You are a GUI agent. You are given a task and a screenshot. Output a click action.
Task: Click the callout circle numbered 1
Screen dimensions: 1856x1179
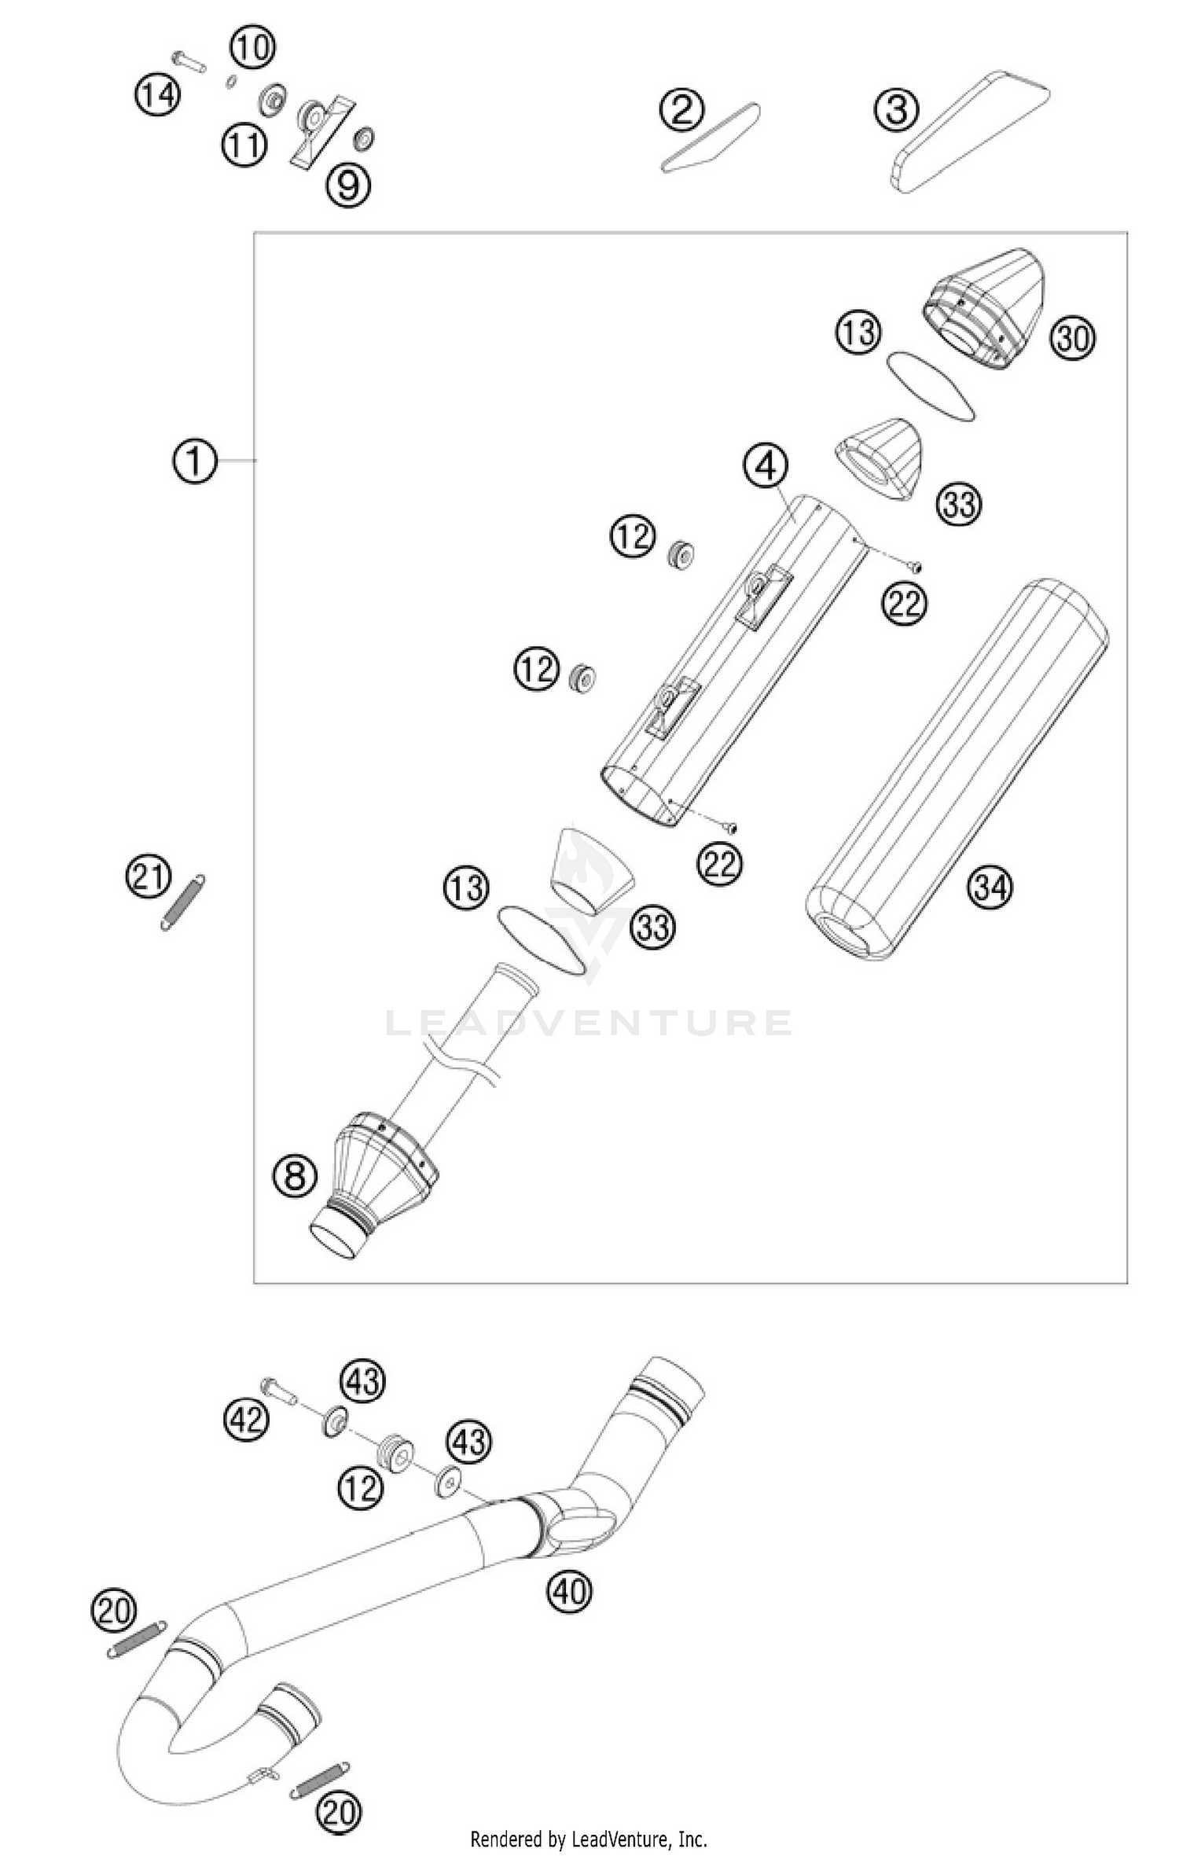194,461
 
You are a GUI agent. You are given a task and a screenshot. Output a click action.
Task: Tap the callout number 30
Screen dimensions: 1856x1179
1073,339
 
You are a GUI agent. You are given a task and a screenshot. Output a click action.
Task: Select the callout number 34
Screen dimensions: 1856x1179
990,887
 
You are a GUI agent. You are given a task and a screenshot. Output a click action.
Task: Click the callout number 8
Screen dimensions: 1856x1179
295,1176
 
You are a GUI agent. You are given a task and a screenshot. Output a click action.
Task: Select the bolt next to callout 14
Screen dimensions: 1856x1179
188,61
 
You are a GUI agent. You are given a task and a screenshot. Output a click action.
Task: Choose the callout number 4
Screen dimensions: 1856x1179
766,466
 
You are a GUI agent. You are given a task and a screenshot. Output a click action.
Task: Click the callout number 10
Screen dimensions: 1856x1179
252,48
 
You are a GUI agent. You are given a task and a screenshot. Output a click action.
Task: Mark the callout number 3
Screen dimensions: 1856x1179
897,109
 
